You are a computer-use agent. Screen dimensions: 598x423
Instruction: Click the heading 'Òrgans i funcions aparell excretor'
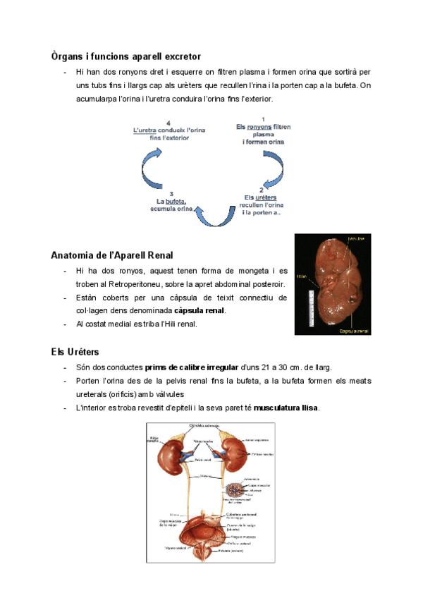pos(126,55)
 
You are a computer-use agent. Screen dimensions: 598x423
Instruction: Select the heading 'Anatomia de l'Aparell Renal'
pos(112,255)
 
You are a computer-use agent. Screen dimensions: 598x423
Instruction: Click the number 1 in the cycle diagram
pos(263,118)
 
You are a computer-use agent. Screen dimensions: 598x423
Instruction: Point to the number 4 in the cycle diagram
pos(168,123)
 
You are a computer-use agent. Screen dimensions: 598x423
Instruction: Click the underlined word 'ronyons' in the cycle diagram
pos(258,127)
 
